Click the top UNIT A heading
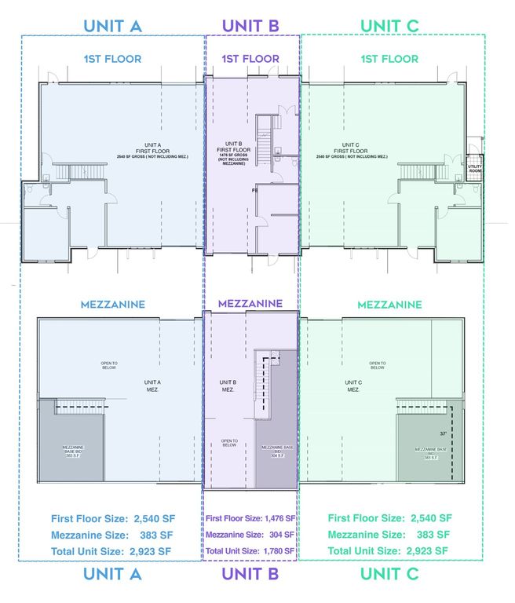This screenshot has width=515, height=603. [x=112, y=25]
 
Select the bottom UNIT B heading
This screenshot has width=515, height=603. [x=250, y=575]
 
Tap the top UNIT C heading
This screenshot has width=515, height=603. [x=389, y=25]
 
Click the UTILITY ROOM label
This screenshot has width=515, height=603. [x=474, y=167]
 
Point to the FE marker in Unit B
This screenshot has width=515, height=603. [x=254, y=191]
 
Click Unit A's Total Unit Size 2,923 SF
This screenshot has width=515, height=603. [x=111, y=551]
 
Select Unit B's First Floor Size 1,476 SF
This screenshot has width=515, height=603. [x=250, y=518]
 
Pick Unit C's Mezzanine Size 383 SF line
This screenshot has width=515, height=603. [x=389, y=535]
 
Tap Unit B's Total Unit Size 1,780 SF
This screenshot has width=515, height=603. [x=250, y=551]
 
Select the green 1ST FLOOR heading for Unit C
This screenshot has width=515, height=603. [x=389, y=59]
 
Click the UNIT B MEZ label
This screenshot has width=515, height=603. [x=228, y=386]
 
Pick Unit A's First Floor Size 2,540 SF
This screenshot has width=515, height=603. [x=111, y=518]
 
